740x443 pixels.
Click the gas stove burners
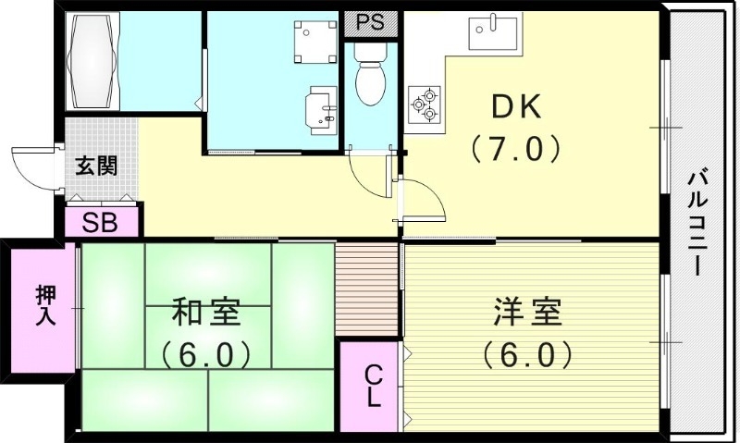click(x=426, y=103)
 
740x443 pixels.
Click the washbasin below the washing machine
click(x=320, y=110)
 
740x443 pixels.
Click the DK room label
click(x=516, y=108)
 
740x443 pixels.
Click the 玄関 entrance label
click(x=96, y=166)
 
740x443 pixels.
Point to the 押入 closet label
click(x=45, y=305)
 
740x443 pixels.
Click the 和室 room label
click(x=206, y=314)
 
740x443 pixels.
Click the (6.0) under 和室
click(x=206, y=353)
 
